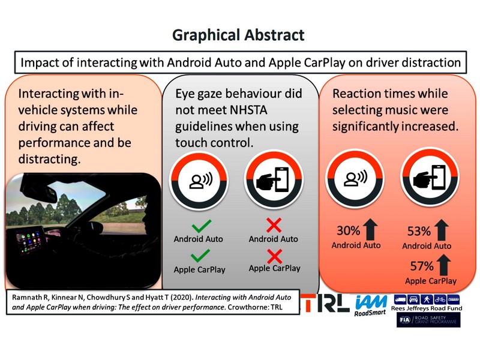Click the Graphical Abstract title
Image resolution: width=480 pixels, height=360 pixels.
point(238,35)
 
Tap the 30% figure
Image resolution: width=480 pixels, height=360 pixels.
point(349,230)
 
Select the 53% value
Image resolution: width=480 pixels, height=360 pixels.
point(419,231)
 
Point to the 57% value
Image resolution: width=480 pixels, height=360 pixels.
point(422,266)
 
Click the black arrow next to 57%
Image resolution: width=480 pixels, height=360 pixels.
point(444,265)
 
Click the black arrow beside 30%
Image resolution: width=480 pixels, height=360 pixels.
point(370,229)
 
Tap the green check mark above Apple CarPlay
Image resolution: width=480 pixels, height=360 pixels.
point(200,256)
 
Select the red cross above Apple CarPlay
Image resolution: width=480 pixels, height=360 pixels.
point(274,257)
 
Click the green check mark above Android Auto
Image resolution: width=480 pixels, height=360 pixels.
point(201,226)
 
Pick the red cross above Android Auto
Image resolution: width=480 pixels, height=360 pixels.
point(274,226)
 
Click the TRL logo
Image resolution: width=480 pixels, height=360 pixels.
point(325,303)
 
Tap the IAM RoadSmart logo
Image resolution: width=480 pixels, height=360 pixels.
point(371,305)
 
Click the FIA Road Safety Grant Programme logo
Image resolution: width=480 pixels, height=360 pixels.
point(428,320)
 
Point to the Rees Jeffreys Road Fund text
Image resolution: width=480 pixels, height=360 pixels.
point(427,308)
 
